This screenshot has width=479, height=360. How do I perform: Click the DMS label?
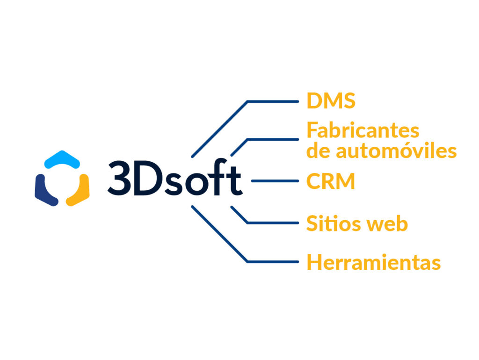[331, 101]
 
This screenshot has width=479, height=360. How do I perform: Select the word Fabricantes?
[363, 130]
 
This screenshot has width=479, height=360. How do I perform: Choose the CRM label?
[331, 181]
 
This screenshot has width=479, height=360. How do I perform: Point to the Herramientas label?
[373, 263]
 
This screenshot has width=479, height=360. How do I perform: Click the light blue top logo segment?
[62, 159]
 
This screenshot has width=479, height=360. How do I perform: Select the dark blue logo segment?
[44, 191]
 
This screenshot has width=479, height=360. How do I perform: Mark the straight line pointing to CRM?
[275, 181]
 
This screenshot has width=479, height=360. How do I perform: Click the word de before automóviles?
[318, 151]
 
